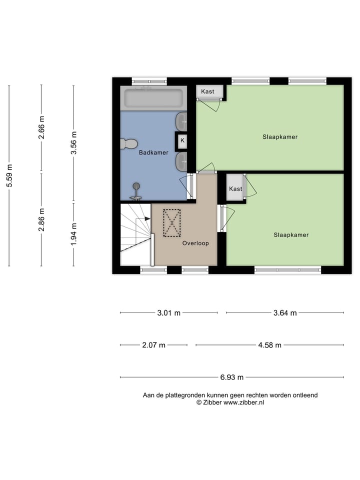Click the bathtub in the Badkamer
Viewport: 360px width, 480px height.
click(153, 98)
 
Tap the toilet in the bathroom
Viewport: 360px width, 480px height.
click(128, 144)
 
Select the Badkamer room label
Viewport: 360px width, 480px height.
click(153, 153)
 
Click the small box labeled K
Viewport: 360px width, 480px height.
click(182, 140)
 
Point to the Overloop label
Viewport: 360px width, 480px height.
click(195, 243)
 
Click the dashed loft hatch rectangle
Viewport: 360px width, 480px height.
click(172, 223)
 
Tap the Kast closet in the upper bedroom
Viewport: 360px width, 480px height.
click(207, 91)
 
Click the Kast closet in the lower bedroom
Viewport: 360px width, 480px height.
click(235, 188)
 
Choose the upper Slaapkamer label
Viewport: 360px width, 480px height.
click(280, 136)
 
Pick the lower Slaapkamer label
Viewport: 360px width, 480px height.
click(291, 234)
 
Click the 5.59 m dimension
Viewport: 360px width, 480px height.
click(9, 175)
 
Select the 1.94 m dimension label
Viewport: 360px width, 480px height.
click(73, 234)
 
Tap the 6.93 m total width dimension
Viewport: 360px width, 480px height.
click(231, 377)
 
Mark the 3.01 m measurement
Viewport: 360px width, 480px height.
click(169, 313)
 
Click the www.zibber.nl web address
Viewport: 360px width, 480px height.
click(244, 402)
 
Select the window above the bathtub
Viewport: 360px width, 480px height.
click(149, 80)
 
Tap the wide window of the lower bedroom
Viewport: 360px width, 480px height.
click(287, 270)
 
